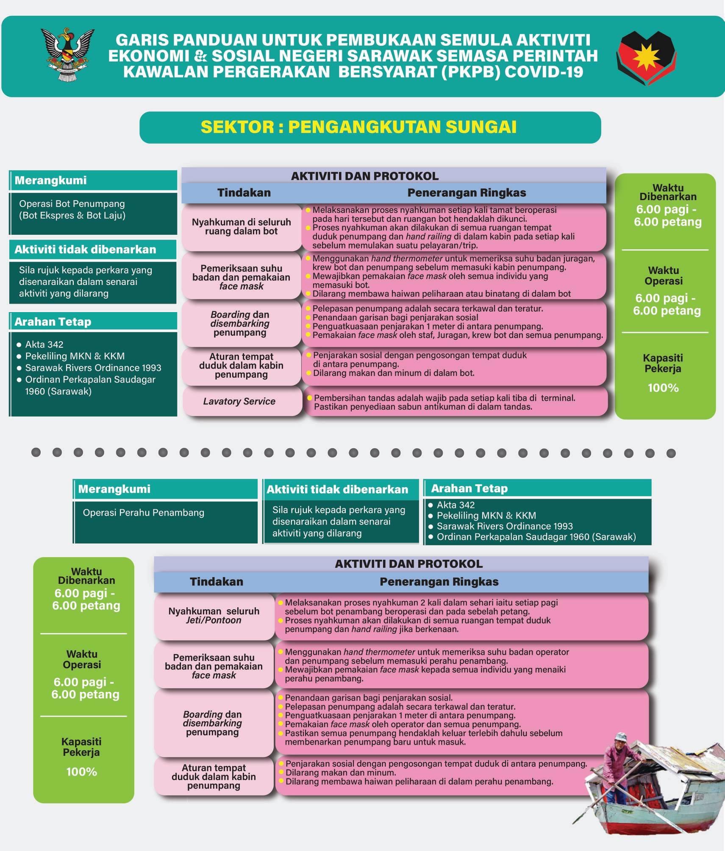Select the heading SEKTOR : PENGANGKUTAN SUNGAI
[x=358, y=127]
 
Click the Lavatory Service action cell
[x=239, y=401]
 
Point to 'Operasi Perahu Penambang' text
[x=143, y=513]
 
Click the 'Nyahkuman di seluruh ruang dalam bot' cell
[x=241, y=227]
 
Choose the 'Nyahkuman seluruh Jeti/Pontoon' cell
[x=214, y=616]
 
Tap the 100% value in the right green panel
[x=663, y=388]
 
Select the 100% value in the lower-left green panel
[x=81, y=772]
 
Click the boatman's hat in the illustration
[x=620, y=736]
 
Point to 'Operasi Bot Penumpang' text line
[x=72, y=204]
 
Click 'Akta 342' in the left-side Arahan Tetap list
[x=44, y=344]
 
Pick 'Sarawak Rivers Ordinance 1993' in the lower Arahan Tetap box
[x=505, y=526]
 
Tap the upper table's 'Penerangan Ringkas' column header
[x=467, y=193]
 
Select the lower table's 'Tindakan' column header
[x=216, y=582]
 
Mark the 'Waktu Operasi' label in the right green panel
[x=664, y=276]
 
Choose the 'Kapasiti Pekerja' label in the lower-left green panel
[x=81, y=747]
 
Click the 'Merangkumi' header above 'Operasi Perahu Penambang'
[x=114, y=489]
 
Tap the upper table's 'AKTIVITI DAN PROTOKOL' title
[x=364, y=176]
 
